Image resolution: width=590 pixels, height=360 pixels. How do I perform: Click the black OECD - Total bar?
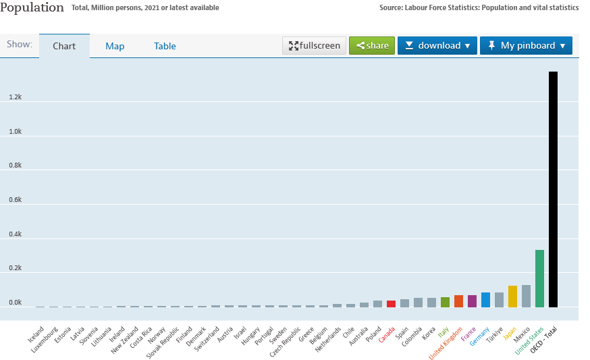(x=553, y=189)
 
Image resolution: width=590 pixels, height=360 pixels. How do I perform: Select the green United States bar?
(x=539, y=278)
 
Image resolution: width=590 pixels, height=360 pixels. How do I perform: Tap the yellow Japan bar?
(x=512, y=296)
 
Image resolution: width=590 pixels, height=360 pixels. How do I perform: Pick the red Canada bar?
(x=391, y=304)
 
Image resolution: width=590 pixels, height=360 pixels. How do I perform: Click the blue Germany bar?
(x=485, y=300)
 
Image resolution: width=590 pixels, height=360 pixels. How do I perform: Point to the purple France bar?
(x=472, y=301)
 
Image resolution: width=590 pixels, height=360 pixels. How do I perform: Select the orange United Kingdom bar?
(x=458, y=301)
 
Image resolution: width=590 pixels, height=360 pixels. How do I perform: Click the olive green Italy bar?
(x=445, y=302)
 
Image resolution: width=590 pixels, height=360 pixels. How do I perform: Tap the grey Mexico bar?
(x=526, y=296)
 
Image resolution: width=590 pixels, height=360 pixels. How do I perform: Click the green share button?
(x=372, y=46)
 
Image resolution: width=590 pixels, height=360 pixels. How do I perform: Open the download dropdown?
(x=437, y=46)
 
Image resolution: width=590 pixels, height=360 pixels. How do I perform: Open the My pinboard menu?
(x=526, y=46)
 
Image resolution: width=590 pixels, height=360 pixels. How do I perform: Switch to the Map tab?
(x=115, y=47)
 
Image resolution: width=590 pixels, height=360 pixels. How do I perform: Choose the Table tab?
(x=165, y=47)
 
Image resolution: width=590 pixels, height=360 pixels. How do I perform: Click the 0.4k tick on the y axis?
(x=16, y=234)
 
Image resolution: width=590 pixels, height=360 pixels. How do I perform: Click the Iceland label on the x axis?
(x=36, y=334)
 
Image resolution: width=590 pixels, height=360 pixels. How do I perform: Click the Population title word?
(x=33, y=7)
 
